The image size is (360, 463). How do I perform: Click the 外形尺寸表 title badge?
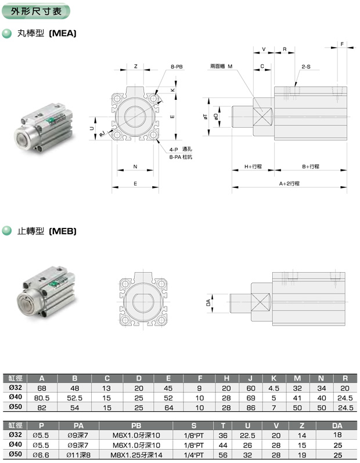point(36,11)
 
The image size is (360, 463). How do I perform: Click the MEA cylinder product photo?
point(44,128)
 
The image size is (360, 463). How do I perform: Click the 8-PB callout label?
point(177,67)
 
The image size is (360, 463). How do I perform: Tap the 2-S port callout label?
point(306,67)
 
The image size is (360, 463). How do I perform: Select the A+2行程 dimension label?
point(289,183)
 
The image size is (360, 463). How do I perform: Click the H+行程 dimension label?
point(253,167)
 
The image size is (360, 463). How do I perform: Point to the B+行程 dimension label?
point(311,167)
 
